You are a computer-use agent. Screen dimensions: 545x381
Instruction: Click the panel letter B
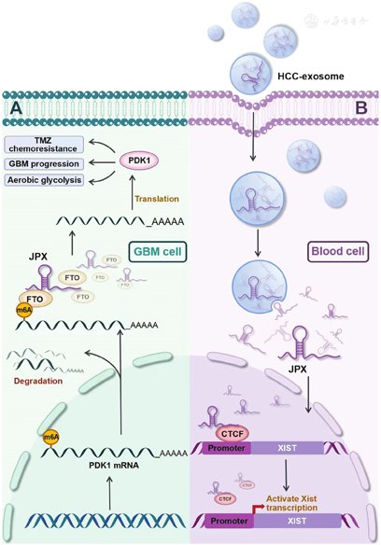tap(363, 108)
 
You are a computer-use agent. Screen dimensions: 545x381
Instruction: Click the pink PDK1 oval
tap(148, 161)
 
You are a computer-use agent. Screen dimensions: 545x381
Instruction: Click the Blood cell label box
tap(336, 252)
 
